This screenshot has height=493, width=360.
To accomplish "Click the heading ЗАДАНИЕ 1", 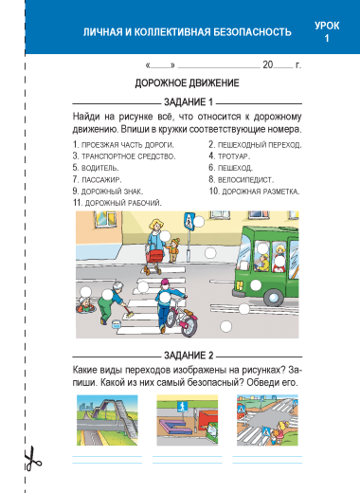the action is point(189,102).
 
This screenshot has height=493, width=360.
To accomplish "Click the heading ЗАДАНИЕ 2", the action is point(189,356).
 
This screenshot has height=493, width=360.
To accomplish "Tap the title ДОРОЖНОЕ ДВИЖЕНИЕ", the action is point(187,83).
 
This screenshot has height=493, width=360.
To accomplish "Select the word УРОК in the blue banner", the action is point(327,26).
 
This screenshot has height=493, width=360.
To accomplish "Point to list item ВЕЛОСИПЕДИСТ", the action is point(241,180).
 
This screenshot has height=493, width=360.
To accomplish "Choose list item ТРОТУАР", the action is point(229,156).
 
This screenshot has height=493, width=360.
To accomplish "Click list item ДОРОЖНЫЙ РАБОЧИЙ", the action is point(117,203).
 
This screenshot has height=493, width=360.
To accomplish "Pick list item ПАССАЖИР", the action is point(97,180).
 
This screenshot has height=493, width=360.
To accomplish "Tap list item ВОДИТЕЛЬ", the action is point(96,168).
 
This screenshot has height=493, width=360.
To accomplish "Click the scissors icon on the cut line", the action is point(32,458).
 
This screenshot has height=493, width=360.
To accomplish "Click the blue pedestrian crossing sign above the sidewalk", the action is point(189,221).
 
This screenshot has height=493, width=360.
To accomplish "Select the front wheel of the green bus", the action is point(273,297).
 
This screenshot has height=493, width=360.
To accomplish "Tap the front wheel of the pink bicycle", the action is point(189,326).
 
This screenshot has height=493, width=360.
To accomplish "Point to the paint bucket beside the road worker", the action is point(117,324).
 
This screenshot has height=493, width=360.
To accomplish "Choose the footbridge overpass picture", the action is point(107,420).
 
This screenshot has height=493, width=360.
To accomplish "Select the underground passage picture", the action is point(188,420).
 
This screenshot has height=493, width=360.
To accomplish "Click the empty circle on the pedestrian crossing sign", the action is point(199,222).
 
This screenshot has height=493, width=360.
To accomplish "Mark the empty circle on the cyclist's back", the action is point(165,297).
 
